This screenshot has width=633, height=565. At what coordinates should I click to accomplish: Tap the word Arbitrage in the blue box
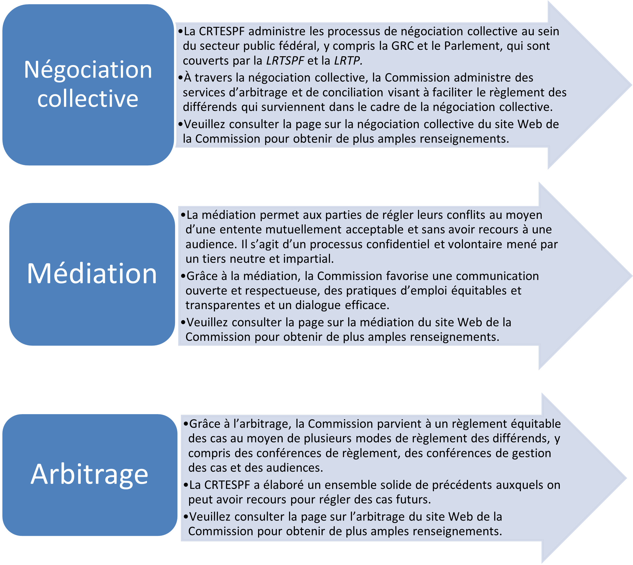point(89,474)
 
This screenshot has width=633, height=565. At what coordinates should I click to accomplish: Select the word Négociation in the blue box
point(88,70)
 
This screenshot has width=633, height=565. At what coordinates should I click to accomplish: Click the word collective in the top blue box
point(88,98)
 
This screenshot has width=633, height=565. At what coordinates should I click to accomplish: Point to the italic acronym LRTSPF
point(285,61)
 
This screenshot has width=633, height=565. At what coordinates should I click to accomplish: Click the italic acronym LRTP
point(347,61)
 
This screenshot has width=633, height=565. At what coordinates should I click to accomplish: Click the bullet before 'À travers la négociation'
point(181,78)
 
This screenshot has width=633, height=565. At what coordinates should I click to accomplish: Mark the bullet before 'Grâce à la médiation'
point(183,276)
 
